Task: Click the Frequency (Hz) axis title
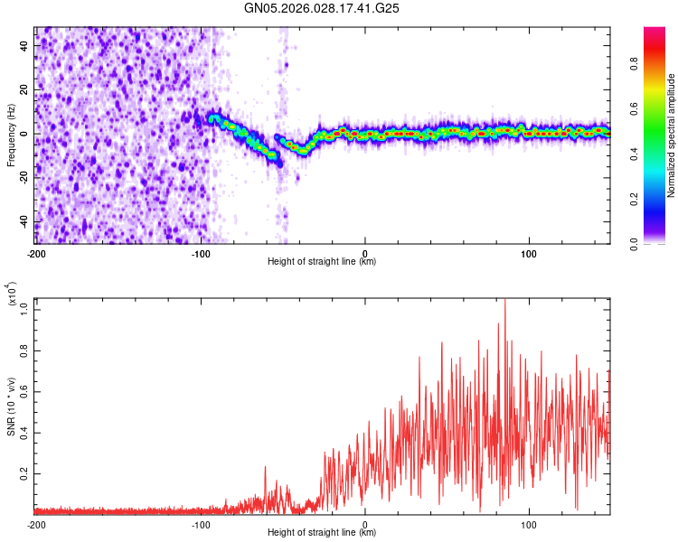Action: click(11, 135)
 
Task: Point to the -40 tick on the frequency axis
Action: click(24, 222)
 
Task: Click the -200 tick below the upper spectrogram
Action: click(36, 252)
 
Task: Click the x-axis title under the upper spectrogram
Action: click(322, 262)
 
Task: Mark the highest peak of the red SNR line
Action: click(504, 300)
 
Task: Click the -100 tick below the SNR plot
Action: click(201, 523)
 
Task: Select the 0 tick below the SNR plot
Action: click(365, 523)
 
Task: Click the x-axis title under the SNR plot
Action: click(322, 533)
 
